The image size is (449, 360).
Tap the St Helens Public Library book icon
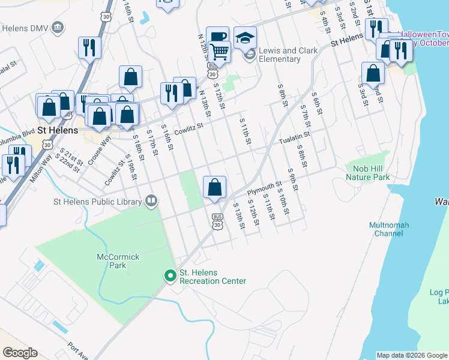[x=151, y=201]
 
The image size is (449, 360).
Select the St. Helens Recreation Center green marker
[x=170, y=276]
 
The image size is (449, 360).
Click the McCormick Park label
[x=118, y=261]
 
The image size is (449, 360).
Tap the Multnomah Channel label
[x=389, y=229]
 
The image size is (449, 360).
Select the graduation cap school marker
[x=245, y=39]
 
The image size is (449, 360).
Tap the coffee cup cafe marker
[x=217, y=37]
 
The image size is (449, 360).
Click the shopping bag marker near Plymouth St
[x=214, y=188]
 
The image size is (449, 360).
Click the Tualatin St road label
[x=293, y=140]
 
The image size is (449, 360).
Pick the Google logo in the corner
[x=20, y=353]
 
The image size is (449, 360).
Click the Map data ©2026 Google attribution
[x=412, y=355]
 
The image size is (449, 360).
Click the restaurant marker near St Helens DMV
[x=89, y=48]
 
